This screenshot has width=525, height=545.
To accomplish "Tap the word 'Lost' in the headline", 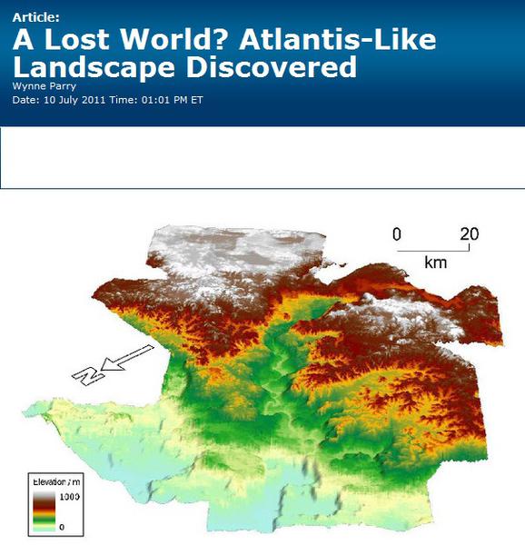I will tap(78, 41).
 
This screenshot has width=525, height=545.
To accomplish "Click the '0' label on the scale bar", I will tap(396, 234).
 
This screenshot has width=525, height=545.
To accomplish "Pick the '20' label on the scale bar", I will tap(469, 234).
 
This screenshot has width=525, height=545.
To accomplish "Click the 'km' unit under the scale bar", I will tap(435, 263).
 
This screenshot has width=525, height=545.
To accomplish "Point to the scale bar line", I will tap(433, 249).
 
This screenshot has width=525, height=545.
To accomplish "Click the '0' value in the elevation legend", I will tap(61, 526).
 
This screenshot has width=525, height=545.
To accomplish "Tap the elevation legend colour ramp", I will tap(44, 510).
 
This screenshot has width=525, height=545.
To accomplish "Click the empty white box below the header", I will tap(262, 157).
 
